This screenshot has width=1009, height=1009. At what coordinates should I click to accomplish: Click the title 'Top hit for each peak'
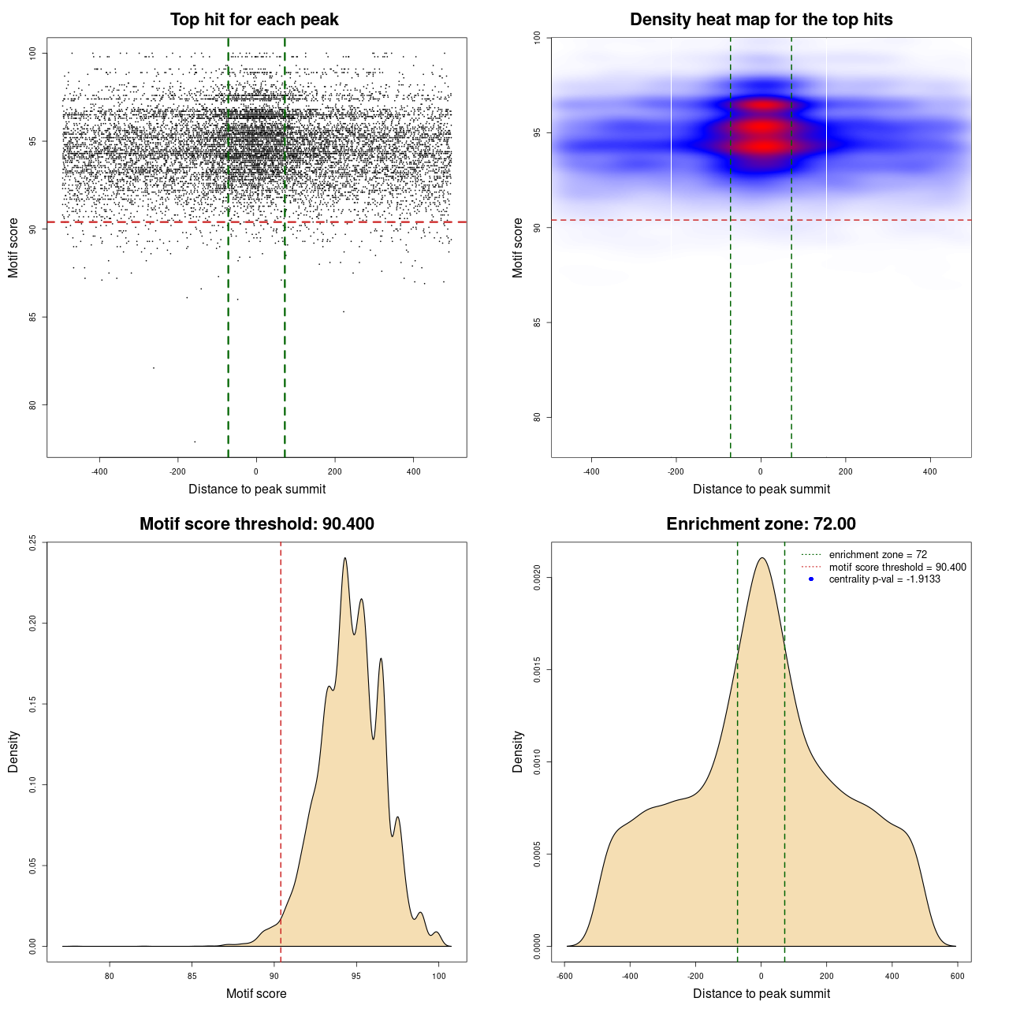[x=254, y=20]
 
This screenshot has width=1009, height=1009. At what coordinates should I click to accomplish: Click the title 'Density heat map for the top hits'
[x=761, y=20]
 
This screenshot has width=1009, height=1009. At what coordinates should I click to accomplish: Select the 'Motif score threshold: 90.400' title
[x=256, y=524]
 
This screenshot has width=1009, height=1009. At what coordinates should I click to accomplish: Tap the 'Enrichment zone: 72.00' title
[x=761, y=524]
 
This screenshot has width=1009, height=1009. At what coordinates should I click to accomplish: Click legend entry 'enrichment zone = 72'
[x=877, y=555]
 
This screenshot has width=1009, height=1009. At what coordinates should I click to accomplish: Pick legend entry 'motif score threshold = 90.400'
[x=897, y=568]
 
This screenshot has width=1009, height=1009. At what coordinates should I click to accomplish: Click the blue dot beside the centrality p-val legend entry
[x=811, y=579]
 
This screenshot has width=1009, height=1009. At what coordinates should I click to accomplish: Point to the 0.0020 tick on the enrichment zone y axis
[x=538, y=578]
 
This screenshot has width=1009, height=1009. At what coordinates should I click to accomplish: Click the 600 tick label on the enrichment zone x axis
[x=957, y=976]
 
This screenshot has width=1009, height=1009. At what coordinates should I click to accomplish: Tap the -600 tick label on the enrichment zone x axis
[x=564, y=976]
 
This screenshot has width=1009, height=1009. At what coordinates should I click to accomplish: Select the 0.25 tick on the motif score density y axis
[x=33, y=542]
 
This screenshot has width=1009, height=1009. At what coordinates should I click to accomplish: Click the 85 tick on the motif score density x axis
[x=192, y=976]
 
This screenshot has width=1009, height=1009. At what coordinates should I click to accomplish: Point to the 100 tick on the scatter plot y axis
[x=33, y=53]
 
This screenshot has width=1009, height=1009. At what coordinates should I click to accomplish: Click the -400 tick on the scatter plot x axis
[x=99, y=471]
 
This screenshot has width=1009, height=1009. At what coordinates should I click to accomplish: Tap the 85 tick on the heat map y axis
[x=538, y=322]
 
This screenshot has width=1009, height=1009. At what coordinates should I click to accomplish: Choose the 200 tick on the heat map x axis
[x=845, y=471]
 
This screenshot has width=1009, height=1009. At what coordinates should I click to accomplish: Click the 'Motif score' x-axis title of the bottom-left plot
[x=256, y=993]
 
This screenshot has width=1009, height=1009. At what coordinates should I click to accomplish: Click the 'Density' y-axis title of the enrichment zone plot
[x=518, y=751]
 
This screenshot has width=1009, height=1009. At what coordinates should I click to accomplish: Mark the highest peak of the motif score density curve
[x=344, y=559]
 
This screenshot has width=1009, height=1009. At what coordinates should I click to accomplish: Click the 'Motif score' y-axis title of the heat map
[x=518, y=248]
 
